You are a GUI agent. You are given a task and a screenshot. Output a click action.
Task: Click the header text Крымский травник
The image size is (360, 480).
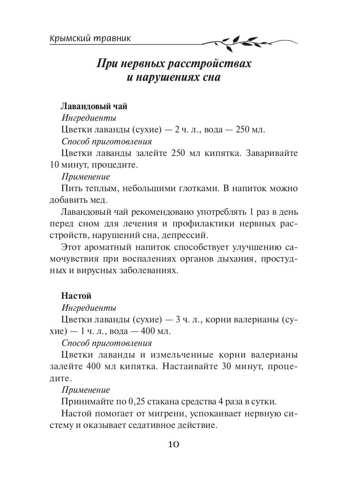(x=91, y=39)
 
